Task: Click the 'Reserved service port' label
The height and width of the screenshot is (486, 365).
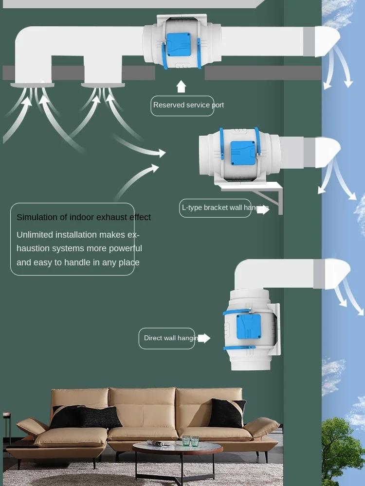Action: tap(182, 105)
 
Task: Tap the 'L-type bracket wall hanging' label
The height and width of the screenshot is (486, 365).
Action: tap(215, 208)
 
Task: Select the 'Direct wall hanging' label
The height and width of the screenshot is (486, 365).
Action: tap(167, 338)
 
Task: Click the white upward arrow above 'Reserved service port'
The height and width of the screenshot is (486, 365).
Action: tap(181, 87)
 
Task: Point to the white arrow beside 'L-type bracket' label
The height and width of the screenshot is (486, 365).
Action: tap(263, 209)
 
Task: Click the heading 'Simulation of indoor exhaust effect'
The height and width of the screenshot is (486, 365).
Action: tap(84, 217)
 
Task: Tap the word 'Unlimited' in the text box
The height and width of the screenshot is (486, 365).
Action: tap(35, 235)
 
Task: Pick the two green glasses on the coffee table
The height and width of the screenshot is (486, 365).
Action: tap(190, 440)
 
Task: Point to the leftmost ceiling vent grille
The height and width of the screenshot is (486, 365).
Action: tap(32, 85)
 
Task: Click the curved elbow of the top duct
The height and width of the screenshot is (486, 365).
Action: tap(29, 44)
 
